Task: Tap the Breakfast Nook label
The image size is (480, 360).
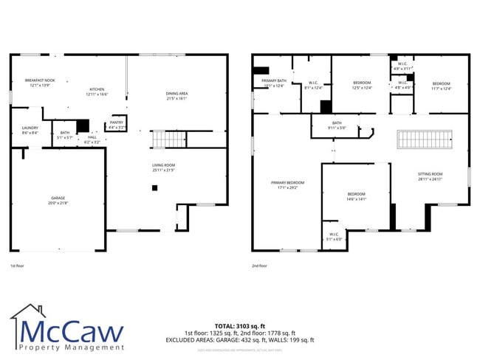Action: coord(39,82)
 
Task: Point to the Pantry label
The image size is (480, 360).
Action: coord(117,125)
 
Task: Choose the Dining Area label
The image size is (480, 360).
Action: coord(176,95)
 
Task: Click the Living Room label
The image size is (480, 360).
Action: coord(163,167)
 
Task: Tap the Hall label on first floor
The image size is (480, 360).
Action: coord(92,139)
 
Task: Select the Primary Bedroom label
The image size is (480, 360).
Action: coord(287,184)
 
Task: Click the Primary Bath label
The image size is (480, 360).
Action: coord(273,83)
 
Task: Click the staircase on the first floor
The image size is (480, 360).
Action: coord(168,139)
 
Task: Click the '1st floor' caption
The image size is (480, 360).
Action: coord(18,266)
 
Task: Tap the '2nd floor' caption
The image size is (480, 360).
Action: coord(259,266)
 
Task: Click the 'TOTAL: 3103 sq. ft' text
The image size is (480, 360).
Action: coord(239,325)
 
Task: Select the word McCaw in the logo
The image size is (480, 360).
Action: coord(72,332)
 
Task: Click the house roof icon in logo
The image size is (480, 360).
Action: coord(28,313)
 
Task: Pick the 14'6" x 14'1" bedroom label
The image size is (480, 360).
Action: coord(356,196)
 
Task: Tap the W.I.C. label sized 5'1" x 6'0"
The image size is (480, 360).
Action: coord(335,237)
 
